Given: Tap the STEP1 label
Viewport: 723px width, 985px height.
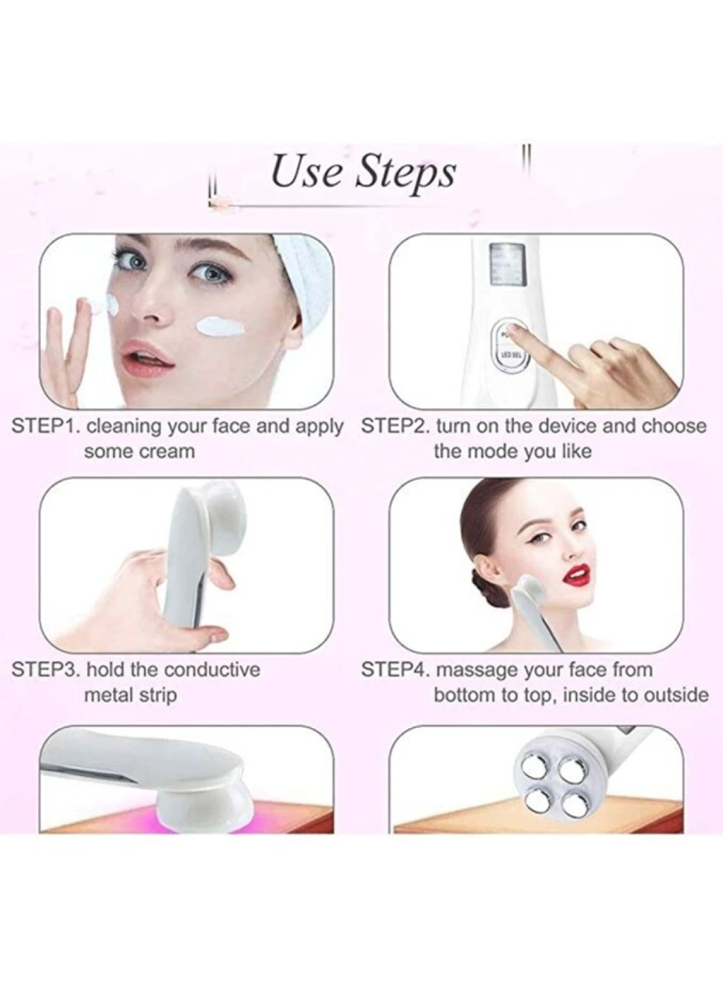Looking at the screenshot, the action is tap(43, 426).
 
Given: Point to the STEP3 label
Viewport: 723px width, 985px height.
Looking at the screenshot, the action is tap(43, 670).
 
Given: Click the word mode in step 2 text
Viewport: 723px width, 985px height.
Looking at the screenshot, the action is tap(494, 451).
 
